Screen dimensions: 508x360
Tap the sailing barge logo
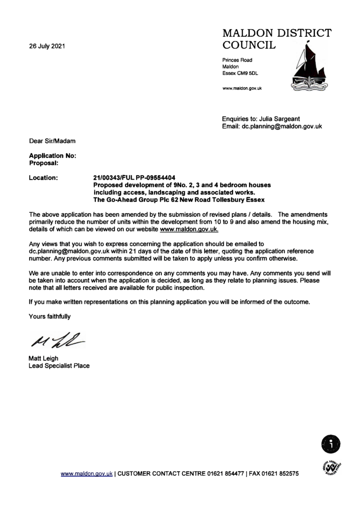pyautogui.click(x=308, y=69)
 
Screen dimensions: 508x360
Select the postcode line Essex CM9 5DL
pyautogui.click(x=240, y=73)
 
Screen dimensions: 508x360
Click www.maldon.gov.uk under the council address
pyautogui.click(x=242, y=88)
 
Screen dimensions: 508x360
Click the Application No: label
pyautogui.click(x=52, y=155)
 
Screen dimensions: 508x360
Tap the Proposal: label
pyautogui.click(x=44, y=162)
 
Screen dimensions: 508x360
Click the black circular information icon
pyautogui.click(x=331, y=443)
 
